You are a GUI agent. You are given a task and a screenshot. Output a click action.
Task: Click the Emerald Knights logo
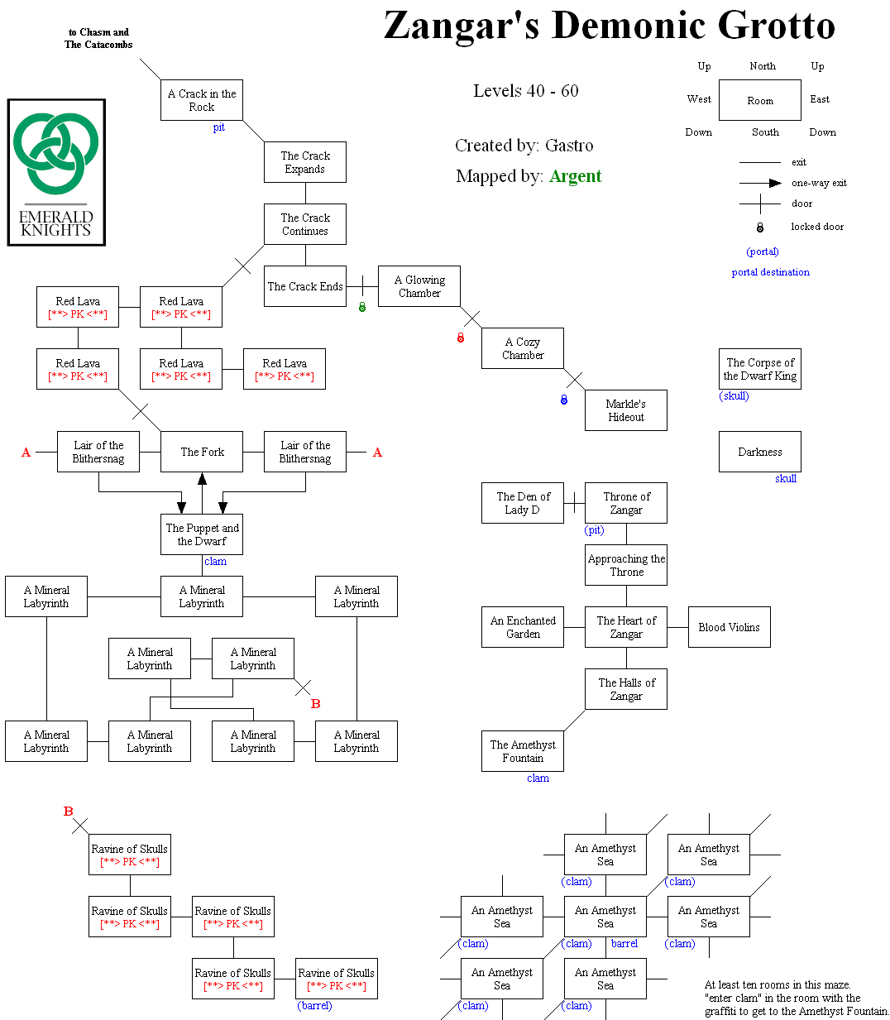tap(56, 172)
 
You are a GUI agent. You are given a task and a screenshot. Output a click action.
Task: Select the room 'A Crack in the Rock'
tap(202, 100)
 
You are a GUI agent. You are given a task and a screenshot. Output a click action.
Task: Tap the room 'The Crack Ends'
tap(305, 286)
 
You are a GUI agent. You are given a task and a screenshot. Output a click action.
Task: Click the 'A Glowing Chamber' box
tap(419, 286)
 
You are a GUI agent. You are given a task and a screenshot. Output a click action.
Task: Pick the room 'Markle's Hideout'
tap(625, 410)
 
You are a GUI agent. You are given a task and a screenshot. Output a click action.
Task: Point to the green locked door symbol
tap(361, 307)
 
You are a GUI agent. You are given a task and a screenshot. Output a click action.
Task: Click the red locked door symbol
tap(461, 338)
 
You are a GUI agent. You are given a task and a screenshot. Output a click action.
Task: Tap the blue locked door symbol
tap(564, 400)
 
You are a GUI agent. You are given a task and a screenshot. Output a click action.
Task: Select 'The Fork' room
tap(202, 452)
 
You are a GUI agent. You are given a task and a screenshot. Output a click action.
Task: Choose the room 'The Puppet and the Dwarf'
tap(202, 534)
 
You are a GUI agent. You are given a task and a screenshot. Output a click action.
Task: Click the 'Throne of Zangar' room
tap(626, 503)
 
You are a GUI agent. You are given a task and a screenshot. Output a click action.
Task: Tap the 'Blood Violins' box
tap(729, 627)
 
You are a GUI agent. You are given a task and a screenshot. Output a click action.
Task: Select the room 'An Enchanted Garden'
tap(523, 627)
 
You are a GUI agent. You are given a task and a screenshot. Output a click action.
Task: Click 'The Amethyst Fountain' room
tap(523, 751)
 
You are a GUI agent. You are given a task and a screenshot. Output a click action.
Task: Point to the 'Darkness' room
tap(759, 452)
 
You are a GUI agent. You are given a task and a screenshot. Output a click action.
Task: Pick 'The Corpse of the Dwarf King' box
tap(759, 369)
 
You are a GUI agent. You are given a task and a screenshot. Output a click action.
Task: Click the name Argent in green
tap(575, 176)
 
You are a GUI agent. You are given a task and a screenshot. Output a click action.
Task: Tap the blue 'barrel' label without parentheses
tap(624, 943)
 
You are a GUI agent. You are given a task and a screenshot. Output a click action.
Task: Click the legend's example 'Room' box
tap(759, 100)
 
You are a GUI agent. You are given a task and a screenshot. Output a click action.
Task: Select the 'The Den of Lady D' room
tap(523, 503)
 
